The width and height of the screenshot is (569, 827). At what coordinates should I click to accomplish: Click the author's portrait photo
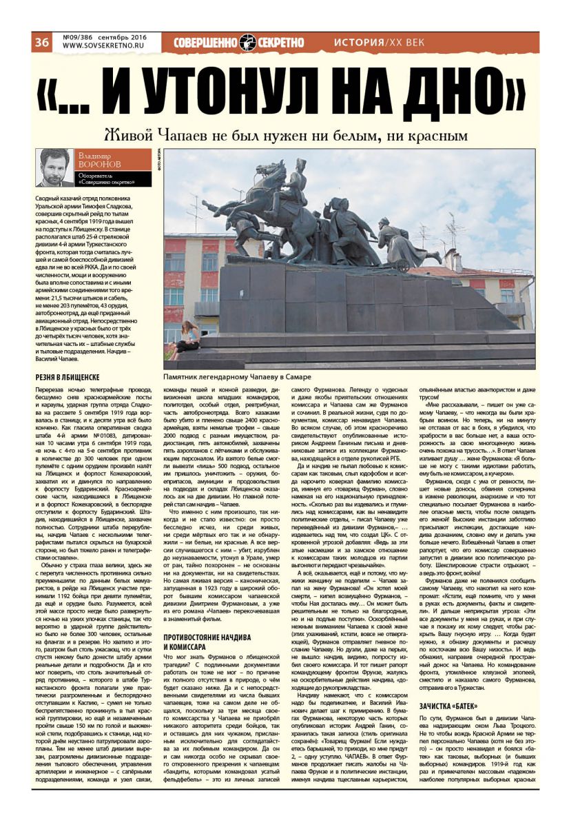(x=54, y=167)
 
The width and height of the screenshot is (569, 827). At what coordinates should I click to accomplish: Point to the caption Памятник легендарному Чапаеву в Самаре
(x=237, y=377)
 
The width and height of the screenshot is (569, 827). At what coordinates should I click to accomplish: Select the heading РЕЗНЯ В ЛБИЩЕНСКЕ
(x=68, y=378)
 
